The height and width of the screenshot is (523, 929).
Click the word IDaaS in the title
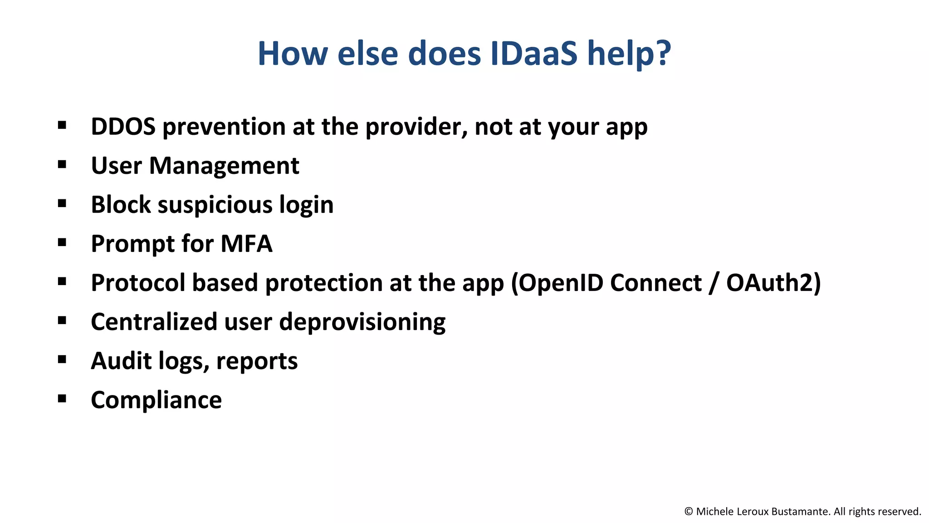click(x=534, y=54)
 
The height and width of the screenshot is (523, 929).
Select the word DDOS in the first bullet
click(x=123, y=127)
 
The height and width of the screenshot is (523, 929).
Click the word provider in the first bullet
click(x=416, y=127)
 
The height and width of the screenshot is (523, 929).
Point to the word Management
click(x=224, y=166)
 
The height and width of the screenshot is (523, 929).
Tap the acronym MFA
click(x=246, y=244)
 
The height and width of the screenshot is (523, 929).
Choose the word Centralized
click(x=154, y=322)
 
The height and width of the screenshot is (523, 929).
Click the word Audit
click(x=121, y=361)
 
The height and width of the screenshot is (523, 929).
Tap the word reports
click(x=257, y=362)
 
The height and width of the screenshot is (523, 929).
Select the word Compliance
click(x=156, y=400)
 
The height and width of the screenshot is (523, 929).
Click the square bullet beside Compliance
click(x=62, y=399)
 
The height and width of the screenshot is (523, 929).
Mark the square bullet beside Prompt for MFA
click(x=62, y=242)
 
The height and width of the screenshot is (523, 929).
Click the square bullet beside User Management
click(x=62, y=164)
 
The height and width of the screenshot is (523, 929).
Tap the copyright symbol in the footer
click(x=688, y=512)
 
